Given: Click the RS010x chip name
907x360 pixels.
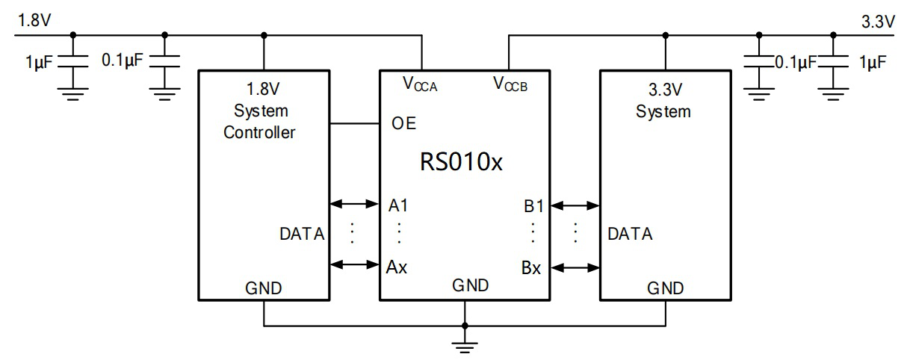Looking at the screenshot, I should [461, 162].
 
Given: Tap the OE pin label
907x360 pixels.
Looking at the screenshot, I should [403, 124].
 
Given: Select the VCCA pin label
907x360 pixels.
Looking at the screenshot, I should [420, 84].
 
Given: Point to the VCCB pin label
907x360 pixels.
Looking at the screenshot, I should [510, 83].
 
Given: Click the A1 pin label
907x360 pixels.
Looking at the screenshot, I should [398, 204].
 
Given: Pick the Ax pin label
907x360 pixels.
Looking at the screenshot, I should [397, 267].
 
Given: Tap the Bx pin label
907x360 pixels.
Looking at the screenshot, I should [531, 267].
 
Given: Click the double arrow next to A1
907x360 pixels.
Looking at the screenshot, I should [355, 203].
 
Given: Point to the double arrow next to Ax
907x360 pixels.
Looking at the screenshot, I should [355, 264].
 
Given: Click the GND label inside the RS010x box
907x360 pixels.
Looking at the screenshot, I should [471, 285].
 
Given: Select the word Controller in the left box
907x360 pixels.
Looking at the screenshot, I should [259, 133].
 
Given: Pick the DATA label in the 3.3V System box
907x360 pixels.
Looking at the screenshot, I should [630, 235].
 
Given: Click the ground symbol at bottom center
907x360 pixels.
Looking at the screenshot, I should [465, 345].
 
